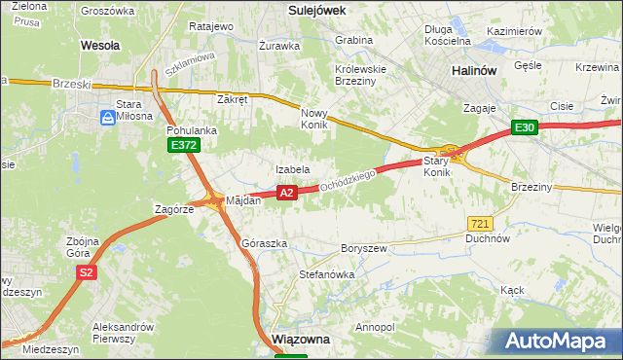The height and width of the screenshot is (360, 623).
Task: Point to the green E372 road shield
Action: (x=183, y=145)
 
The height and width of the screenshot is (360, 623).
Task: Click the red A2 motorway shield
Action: (x=286, y=194)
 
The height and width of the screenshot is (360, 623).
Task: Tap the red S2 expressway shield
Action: (x=87, y=273)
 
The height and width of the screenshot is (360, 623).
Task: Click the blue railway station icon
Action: (x=107, y=118)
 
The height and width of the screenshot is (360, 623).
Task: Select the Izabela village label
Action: (x=292, y=169)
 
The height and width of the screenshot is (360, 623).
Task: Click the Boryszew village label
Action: (x=363, y=248)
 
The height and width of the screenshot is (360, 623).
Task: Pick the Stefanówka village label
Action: (x=326, y=274)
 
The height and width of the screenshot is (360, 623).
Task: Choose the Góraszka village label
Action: (x=264, y=243)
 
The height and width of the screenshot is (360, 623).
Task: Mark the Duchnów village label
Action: (x=488, y=237)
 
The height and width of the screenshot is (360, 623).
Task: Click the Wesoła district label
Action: (x=100, y=45)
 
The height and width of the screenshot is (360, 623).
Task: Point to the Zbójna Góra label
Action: (x=85, y=247)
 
